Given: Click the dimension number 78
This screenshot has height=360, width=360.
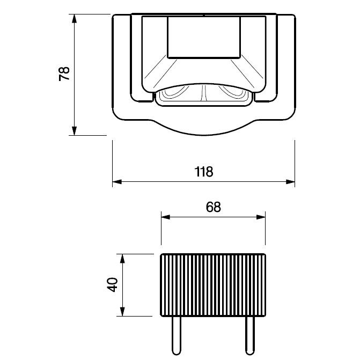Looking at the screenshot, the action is tap(64, 74).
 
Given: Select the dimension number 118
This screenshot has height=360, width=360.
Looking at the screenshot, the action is tap(204, 172).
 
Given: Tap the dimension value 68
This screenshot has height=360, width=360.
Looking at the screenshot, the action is tap(214, 207).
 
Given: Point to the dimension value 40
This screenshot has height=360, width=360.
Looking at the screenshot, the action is tap(112, 285).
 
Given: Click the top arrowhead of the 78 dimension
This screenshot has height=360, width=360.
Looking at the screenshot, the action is tap(74, 19).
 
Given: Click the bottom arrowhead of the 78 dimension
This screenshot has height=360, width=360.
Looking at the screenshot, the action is tap(74, 131).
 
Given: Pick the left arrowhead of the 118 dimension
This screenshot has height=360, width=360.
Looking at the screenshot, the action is tap(117, 182).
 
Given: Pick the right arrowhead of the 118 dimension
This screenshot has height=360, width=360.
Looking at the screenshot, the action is tap(290, 182).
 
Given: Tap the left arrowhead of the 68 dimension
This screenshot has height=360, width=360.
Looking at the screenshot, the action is tap(166, 217).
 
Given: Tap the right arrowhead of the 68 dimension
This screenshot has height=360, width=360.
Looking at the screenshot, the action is tap(261, 217).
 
